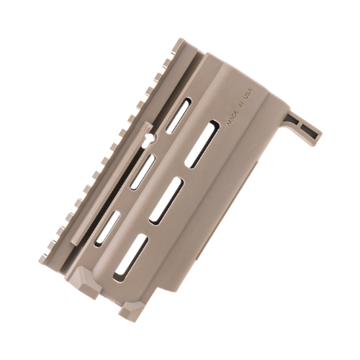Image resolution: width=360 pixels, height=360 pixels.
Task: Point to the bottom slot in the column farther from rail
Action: [x=132, y=256]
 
